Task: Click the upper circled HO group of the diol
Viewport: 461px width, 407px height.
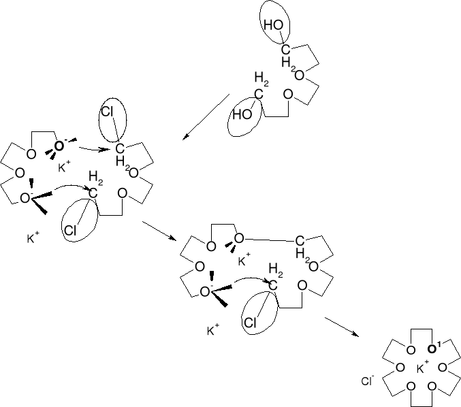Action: click(x=274, y=25)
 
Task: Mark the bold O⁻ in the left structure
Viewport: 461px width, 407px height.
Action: click(x=60, y=146)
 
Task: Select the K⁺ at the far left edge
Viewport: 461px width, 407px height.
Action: click(x=32, y=239)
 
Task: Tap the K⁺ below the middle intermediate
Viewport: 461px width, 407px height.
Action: click(x=212, y=331)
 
